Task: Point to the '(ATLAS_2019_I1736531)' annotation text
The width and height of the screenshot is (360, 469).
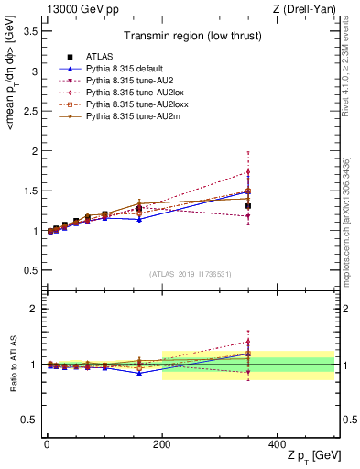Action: (191, 275)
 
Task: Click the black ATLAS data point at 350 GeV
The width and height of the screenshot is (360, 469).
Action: (248, 206)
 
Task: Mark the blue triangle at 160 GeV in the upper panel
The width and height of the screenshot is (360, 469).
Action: (139, 219)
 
